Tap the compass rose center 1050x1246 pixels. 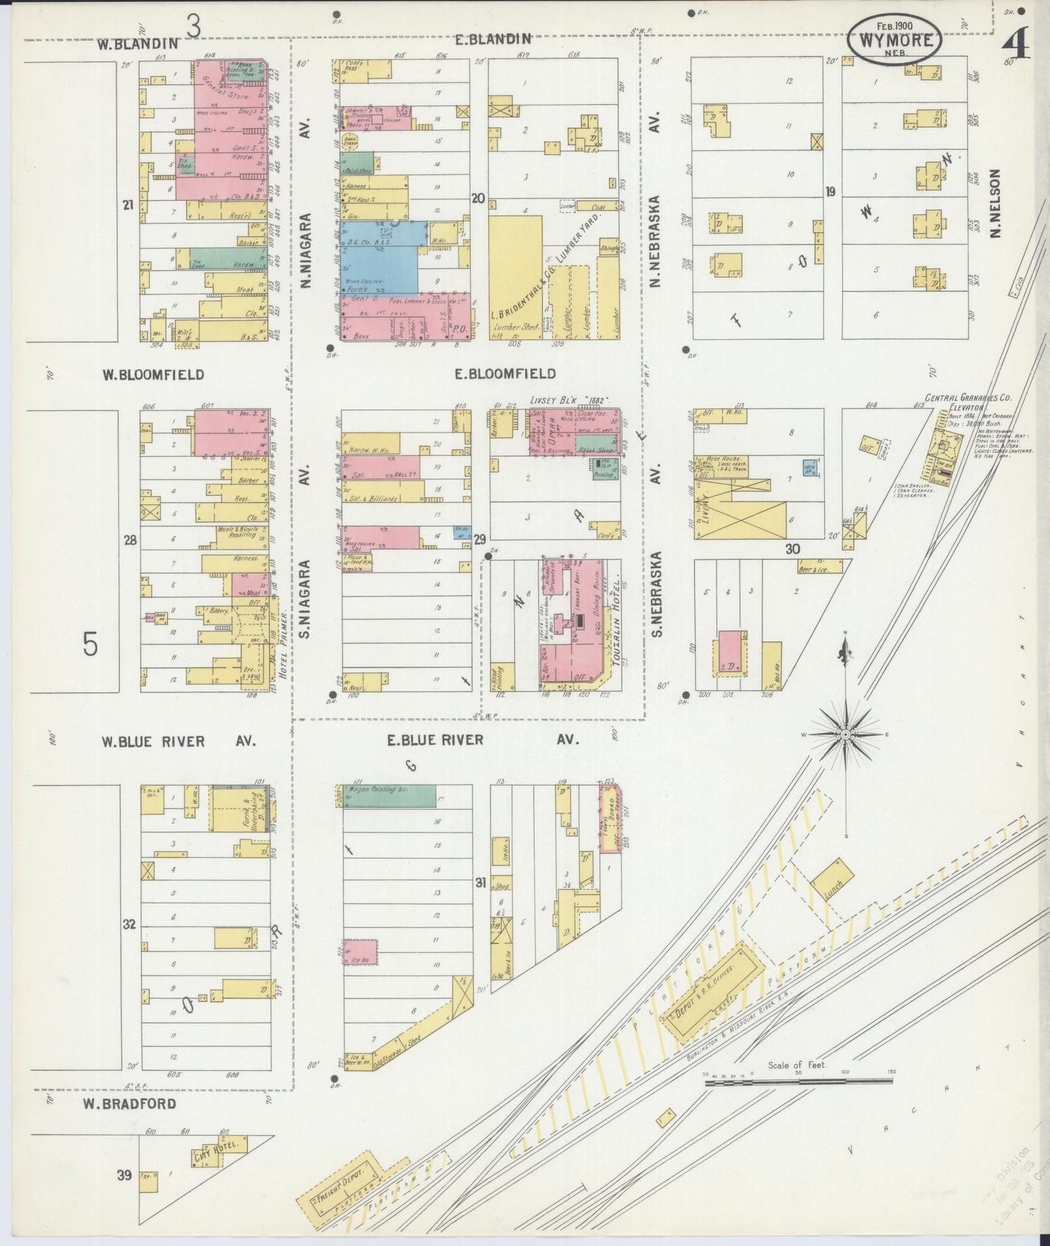point(846,735)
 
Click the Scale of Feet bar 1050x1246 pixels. point(799,1082)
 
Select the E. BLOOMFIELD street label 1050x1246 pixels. point(505,374)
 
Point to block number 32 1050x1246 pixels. point(129,925)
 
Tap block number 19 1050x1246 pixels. point(831,192)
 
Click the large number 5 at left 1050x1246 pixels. point(90,644)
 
